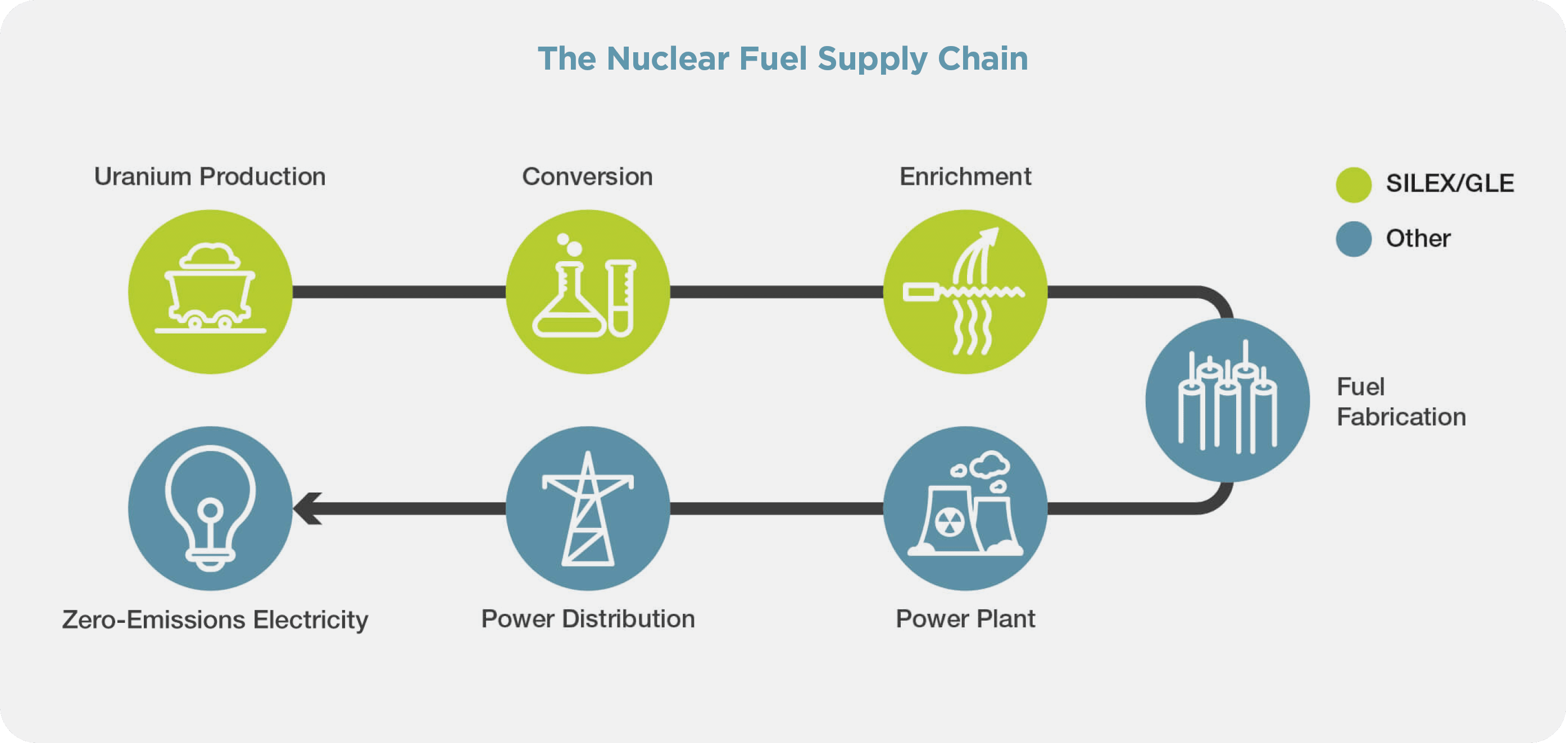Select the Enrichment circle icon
tap(965, 291)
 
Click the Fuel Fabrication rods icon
tap(1227, 400)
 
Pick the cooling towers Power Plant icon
tap(965, 508)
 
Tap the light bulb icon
tap(210, 508)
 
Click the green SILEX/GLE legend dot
tap(1353, 185)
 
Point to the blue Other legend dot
tap(1353, 239)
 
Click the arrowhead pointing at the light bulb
tap(307, 508)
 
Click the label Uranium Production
tap(210, 177)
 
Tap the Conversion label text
tap(587, 177)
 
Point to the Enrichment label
tap(965, 177)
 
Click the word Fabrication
tap(1401, 417)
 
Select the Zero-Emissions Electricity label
tap(215, 619)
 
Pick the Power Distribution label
tap(588, 619)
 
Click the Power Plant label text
tap(965, 619)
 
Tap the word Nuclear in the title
tap(668, 59)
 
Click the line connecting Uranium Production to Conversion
tap(399, 292)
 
